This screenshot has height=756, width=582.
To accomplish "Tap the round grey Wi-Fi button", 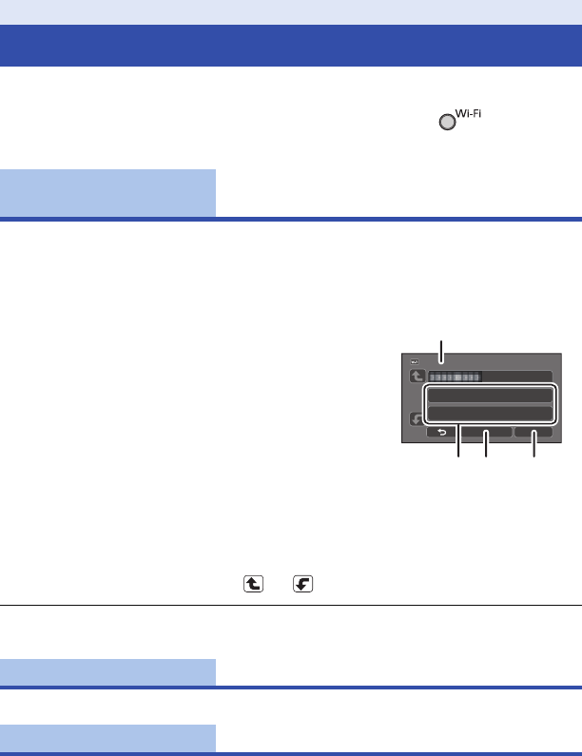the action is pyautogui.click(x=446, y=123).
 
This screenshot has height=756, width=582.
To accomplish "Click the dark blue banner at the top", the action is pyautogui.click(x=291, y=45).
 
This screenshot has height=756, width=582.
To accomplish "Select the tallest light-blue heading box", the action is pyautogui.click(x=107, y=193).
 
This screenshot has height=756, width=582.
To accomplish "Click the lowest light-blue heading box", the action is pyautogui.click(x=107, y=738).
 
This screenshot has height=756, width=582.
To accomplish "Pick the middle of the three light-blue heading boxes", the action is pyautogui.click(x=107, y=671).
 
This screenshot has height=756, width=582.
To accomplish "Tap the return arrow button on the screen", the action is pyautogui.click(x=441, y=434).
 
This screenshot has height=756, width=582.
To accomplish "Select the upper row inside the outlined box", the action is pyautogui.click(x=490, y=395).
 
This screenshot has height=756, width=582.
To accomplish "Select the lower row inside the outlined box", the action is pyautogui.click(x=490, y=412).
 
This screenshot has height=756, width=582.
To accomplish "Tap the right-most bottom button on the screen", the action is pyautogui.click(x=533, y=434).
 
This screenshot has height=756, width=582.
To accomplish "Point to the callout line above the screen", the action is pyautogui.click(x=440, y=351).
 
